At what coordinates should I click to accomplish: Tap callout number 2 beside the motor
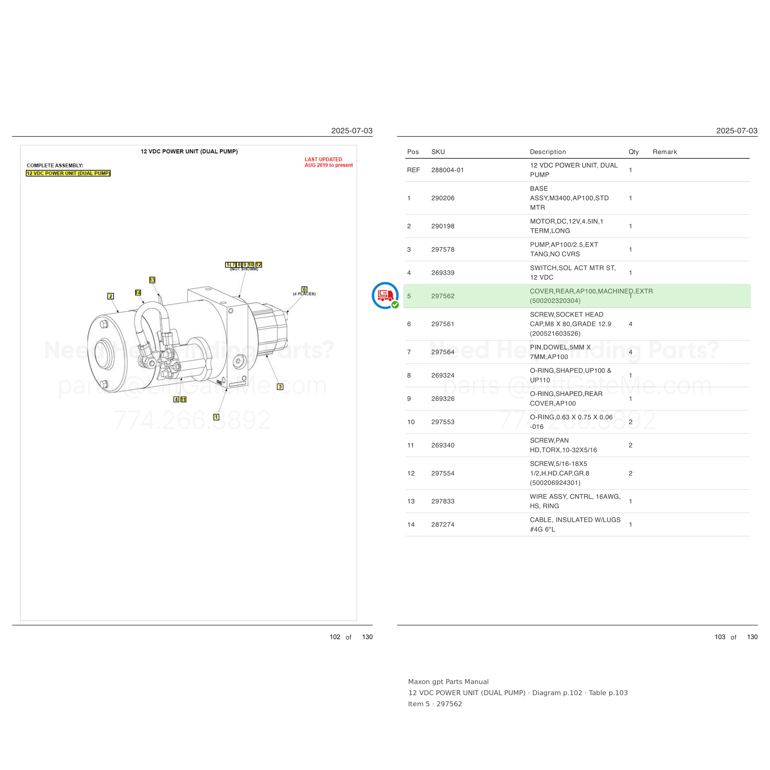(111, 296)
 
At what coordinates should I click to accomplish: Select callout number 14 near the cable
(138, 293)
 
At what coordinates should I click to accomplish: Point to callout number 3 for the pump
(280, 387)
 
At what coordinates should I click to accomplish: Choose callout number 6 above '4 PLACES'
(305, 289)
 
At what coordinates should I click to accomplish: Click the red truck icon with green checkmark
(385, 296)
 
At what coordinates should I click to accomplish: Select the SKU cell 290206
(443, 198)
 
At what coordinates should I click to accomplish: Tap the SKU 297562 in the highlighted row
(443, 296)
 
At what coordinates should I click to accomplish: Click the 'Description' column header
(548, 152)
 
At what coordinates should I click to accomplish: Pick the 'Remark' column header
(665, 152)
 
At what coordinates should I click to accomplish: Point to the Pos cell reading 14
(411, 525)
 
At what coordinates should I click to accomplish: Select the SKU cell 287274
(443, 525)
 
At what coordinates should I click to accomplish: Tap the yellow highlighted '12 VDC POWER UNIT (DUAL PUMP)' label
(68, 173)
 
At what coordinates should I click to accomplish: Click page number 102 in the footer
(335, 637)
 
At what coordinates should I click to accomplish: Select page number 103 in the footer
(720, 637)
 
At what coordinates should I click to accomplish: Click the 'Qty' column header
(634, 152)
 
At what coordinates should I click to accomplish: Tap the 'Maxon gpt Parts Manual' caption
(448, 682)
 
